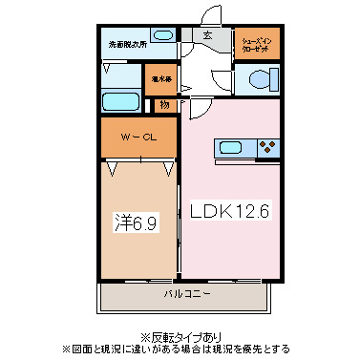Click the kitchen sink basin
(x=231, y=147)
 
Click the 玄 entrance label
(x=205, y=37)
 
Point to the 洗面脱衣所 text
(x=126, y=44)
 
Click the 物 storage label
(x=165, y=104)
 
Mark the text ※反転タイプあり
(x=180, y=336)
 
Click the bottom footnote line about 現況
(x=180, y=349)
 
